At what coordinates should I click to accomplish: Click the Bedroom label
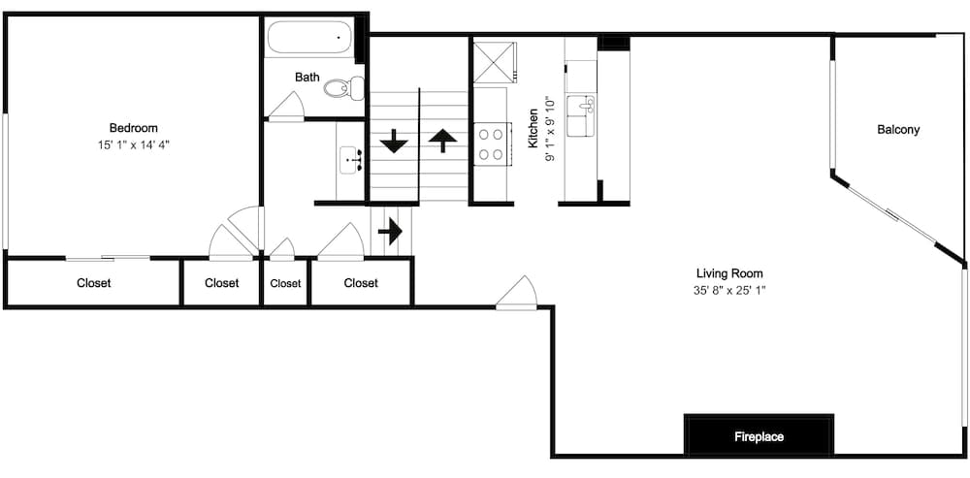[133, 128]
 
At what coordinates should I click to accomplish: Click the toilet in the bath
[344, 88]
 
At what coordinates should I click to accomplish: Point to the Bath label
[307, 78]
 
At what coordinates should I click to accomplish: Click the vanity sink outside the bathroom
[351, 161]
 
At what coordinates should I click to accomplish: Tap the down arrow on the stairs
[394, 141]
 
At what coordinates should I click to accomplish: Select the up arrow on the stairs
[442, 141]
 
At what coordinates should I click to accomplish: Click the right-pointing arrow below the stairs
[390, 232]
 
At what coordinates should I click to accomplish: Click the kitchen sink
[581, 115]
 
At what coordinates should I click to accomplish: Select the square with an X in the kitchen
[494, 62]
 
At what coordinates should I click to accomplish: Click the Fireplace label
[760, 436]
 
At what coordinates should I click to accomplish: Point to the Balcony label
[898, 130]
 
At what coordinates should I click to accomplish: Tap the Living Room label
[729, 272]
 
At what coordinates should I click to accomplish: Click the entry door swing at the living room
[517, 291]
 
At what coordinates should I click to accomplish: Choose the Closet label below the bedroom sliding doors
[94, 283]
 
